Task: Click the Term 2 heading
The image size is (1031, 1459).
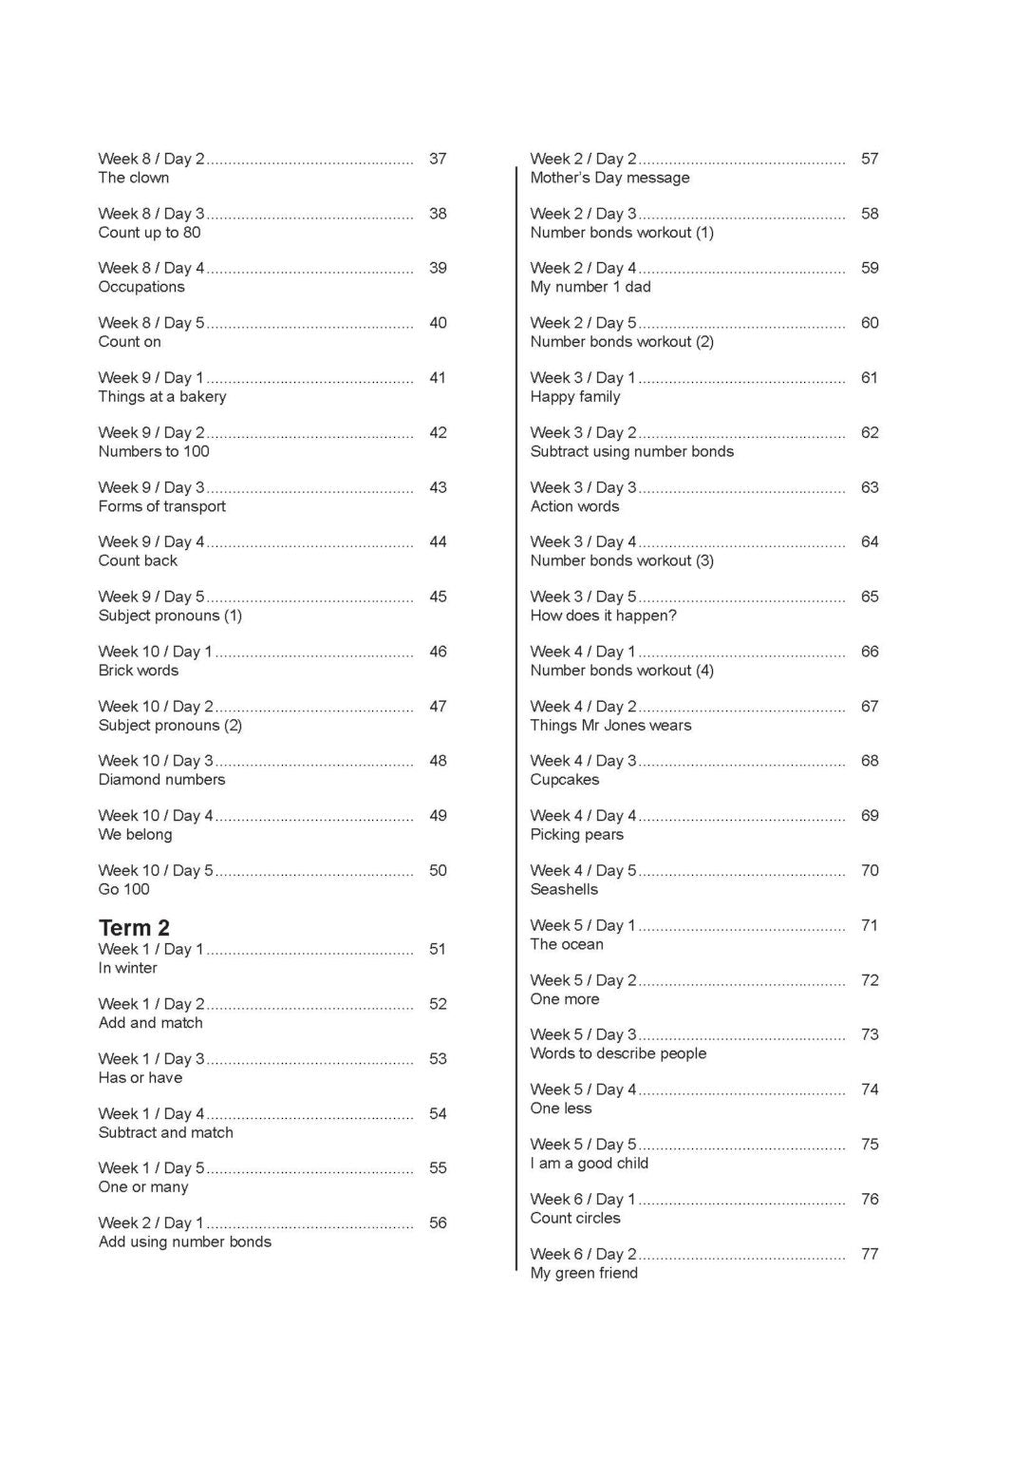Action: click(134, 928)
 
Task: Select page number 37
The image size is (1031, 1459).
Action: click(438, 159)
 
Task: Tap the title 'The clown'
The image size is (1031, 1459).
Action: click(134, 178)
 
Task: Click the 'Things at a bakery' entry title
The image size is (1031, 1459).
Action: click(162, 396)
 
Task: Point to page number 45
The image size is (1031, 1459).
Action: click(438, 597)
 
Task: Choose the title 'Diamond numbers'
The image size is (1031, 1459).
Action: click(162, 780)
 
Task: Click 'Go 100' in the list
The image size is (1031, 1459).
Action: click(124, 889)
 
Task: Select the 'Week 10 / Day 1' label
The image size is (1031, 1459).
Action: click(156, 652)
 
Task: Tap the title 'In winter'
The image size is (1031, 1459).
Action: click(128, 968)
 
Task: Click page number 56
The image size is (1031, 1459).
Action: click(438, 1222)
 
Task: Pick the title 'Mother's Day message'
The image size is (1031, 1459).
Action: click(609, 178)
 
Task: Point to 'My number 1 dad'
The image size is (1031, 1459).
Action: click(590, 287)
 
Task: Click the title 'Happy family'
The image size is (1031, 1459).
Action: click(575, 396)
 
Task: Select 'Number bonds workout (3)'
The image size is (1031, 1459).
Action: click(622, 560)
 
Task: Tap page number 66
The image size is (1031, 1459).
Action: click(870, 652)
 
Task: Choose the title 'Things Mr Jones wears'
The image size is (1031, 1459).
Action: click(610, 725)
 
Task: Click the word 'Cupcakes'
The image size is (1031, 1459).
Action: click(565, 780)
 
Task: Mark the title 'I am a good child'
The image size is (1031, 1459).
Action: click(590, 1164)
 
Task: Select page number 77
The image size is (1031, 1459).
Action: click(870, 1254)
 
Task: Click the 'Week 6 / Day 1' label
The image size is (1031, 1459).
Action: click(583, 1200)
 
